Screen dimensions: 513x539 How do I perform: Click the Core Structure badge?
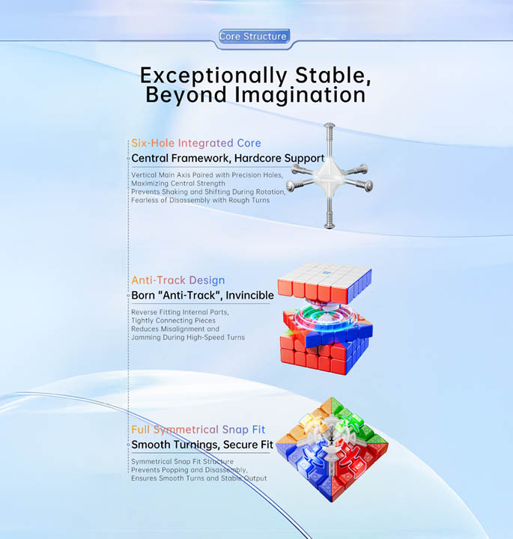(x=254, y=37)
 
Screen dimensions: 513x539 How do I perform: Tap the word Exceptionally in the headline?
(x=213, y=76)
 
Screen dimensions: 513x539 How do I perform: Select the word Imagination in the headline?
(x=300, y=95)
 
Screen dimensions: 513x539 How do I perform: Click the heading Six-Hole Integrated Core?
(x=196, y=143)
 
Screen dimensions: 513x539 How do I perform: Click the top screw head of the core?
(x=329, y=126)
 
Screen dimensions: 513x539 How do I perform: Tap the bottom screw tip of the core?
(x=330, y=225)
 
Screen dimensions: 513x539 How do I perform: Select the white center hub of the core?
(x=330, y=176)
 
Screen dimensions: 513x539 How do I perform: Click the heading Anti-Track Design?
(x=178, y=280)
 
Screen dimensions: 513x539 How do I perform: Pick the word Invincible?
(x=250, y=295)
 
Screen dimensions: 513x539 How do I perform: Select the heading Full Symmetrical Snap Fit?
(x=198, y=430)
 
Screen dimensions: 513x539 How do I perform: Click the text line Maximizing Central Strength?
(x=178, y=183)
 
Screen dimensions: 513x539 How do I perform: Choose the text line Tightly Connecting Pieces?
(x=173, y=320)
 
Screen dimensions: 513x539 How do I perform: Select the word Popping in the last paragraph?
(x=175, y=470)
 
